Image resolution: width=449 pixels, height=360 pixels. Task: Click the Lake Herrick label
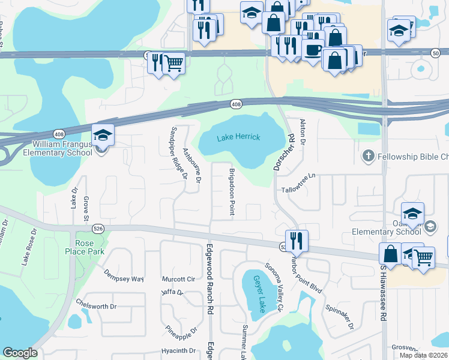tap(238, 137)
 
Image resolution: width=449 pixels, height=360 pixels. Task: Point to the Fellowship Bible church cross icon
tap(369, 157)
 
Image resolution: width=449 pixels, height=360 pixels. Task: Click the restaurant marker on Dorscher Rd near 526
tap(296, 241)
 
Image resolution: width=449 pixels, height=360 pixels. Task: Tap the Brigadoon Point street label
tap(231, 191)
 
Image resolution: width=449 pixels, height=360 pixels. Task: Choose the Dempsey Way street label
tap(124, 279)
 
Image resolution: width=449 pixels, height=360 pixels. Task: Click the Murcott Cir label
tap(178, 280)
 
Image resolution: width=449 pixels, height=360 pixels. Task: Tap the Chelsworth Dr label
tap(96, 306)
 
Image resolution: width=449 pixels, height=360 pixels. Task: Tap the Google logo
tap(20, 353)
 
